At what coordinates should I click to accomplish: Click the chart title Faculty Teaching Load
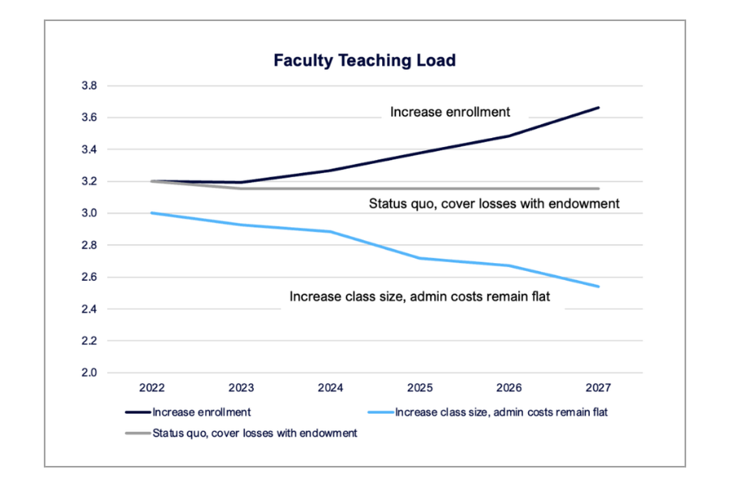coord(364,61)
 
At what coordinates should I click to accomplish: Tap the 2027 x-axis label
coord(599,388)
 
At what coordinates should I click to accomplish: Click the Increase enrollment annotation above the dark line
coord(450,112)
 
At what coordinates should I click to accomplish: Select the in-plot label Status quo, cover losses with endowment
coord(494,204)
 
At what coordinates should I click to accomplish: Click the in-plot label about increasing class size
coord(419,297)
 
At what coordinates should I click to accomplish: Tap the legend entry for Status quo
coord(254,433)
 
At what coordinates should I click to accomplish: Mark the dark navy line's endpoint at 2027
coord(599,107)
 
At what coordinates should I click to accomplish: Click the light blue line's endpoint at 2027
coord(599,287)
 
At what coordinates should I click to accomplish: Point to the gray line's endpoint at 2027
coord(599,188)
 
